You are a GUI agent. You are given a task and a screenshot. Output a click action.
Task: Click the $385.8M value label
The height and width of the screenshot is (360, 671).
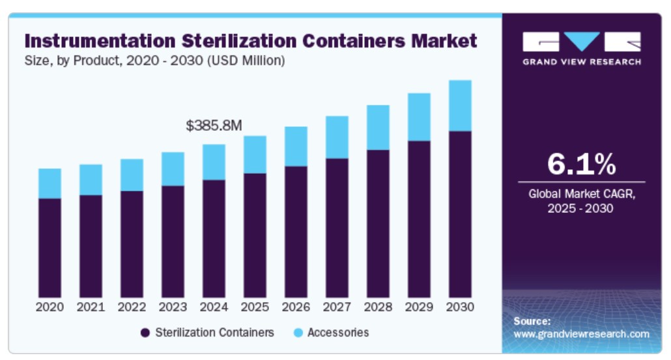(x=214, y=126)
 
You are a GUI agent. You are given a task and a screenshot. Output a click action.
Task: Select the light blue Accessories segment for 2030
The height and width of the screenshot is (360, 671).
(x=460, y=105)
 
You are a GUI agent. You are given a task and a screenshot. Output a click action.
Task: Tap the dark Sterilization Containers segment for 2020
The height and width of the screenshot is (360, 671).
(x=50, y=247)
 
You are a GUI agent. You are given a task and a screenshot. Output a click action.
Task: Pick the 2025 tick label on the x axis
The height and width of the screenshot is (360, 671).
(x=255, y=307)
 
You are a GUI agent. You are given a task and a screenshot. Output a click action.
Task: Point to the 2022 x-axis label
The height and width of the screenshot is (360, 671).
(x=132, y=307)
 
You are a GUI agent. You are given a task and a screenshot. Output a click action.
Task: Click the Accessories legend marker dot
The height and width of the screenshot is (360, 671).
(x=298, y=333)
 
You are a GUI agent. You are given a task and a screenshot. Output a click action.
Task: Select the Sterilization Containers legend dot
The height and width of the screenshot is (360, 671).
(x=145, y=333)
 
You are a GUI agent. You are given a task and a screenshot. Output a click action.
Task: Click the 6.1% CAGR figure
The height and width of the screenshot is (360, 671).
(x=581, y=165)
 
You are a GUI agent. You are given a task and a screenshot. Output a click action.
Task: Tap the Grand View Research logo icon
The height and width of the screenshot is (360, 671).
(x=581, y=43)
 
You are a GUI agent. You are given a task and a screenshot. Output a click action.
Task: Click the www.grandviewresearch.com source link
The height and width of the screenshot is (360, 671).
(x=581, y=334)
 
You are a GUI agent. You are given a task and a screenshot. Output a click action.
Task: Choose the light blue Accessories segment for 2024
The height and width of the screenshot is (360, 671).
(x=214, y=162)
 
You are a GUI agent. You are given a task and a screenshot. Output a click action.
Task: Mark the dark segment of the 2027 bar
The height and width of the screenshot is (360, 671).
(x=337, y=228)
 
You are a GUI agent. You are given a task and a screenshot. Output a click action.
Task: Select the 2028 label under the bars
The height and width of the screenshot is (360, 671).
(x=378, y=307)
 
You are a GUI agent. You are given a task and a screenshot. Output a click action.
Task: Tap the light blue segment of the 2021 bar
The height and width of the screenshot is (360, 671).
(x=91, y=180)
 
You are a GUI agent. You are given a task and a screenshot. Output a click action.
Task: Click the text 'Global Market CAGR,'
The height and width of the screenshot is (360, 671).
(x=581, y=193)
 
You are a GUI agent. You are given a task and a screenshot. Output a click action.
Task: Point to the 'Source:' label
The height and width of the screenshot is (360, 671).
(x=532, y=321)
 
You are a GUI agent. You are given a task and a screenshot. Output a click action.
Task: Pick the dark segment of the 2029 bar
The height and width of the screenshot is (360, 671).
(x=419, y=219)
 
